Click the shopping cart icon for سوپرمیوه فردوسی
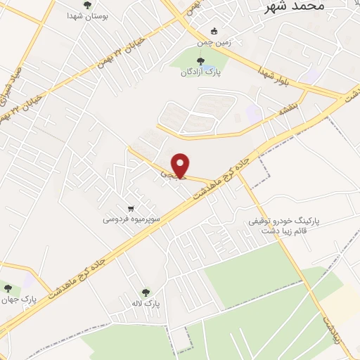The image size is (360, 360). click(x=131, y=208)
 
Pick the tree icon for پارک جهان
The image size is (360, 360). click(x=8, y=289)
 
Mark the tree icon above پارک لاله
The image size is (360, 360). click(x=146, y=292)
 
